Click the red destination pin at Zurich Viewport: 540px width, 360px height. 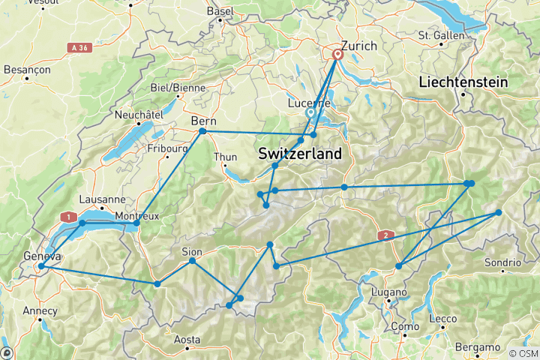click(337, 53)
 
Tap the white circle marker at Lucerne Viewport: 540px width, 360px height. click(310, 112)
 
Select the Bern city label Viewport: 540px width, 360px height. click(204, 119)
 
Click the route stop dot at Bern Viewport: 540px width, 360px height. click(202, 131)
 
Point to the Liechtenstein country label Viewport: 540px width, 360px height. click(463, 81)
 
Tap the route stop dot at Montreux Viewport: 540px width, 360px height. click(136, 223)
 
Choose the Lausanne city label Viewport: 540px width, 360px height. click(101, 199)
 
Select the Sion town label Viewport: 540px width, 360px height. click(193, 250)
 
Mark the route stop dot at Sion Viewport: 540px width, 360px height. click(193, 260)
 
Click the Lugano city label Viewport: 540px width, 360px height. click(388, 292)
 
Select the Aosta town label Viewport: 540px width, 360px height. click(187, 339)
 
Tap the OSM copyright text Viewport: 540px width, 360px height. click(523, 353)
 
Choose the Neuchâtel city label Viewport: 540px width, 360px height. click(139, 114)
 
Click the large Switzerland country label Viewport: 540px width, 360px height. click(300, 154)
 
